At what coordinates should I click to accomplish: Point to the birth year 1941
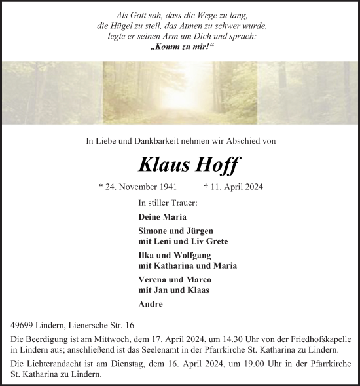pyautogui.click(x=163, y=187)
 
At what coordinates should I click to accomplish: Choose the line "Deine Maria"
pyautogui.click(x=162, y=216)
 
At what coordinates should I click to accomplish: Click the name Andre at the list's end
pyautogui.click(x=151, y=304)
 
